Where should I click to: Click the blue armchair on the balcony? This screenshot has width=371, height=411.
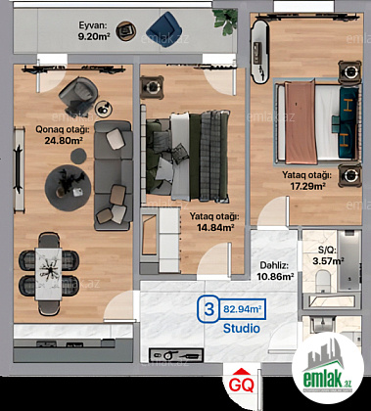[x=164, y=29]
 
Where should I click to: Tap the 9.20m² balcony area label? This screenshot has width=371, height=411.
[x=93, y=36]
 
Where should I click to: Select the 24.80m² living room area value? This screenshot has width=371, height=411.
[x=63, y=140]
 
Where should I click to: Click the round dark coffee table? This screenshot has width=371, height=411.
[x=68, y=188]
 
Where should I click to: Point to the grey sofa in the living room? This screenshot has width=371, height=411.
[x=114, y=175]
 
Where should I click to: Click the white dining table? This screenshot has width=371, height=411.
[x=48, y=274]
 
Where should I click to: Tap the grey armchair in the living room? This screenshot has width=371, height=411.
[x=78, y=96]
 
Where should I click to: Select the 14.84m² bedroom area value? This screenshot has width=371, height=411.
[x=215, y=227]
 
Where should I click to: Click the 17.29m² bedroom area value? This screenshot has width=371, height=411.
[x=307, y=186]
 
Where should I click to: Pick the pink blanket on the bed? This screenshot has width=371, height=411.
[x=301, y=122]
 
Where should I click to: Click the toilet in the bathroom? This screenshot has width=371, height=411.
[x=323, y=281]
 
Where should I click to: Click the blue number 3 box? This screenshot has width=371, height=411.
[x=209, y=310]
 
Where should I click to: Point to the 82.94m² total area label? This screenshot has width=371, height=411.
[x=243, y=308]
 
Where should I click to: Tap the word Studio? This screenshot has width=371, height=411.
[x=242, y=328]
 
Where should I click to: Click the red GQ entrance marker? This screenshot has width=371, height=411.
[x=241, y=382]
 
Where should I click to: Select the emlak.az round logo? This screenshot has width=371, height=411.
[x=328, y=368]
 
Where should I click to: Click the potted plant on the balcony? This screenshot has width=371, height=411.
[x=225, y=21]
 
